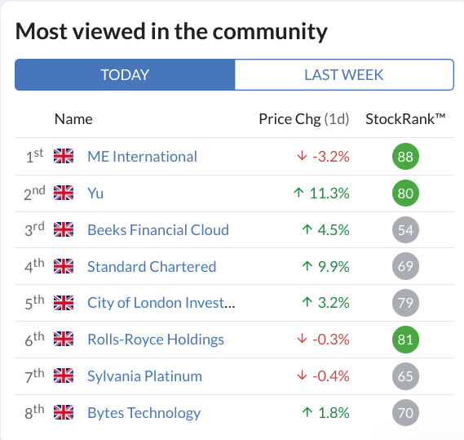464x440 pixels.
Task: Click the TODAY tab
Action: point(125,74)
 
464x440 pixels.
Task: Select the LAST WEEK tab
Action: point(344,74)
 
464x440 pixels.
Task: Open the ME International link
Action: point(142,157)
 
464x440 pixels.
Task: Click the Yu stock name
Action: point(95,193)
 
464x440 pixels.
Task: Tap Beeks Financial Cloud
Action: point(158,230)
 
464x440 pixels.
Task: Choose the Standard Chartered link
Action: point(152,267)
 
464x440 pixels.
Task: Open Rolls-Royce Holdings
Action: point(156,340)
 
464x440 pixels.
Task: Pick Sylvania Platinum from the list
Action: point(144,376)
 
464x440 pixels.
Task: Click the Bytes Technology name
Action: point(144,413)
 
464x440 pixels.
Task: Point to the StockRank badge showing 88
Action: point(405,157)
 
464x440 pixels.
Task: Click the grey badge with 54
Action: point(405,230)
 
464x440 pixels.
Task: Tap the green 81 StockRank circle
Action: point(405,340)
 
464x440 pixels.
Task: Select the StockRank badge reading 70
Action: point(405,413)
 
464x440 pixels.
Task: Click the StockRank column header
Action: point(405,119)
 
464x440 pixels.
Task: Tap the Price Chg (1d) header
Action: point(304,119)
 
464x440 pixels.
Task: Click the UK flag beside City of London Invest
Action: point(64,303)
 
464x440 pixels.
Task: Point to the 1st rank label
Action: point(34,156)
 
